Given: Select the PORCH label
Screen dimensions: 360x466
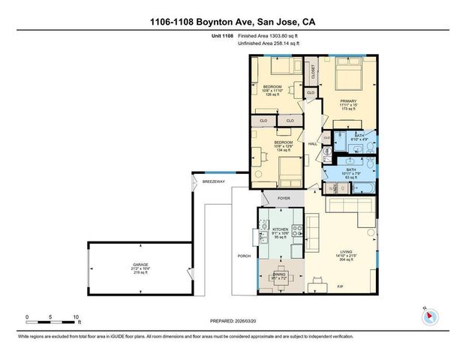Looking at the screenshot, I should [243, 255].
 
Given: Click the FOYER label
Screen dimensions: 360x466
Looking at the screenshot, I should [284, 199].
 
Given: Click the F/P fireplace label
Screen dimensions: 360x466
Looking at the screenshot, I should [338, 287].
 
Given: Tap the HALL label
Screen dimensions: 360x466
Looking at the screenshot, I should [313, 144].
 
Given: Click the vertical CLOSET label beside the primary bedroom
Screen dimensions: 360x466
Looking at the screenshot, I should [313, 72].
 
